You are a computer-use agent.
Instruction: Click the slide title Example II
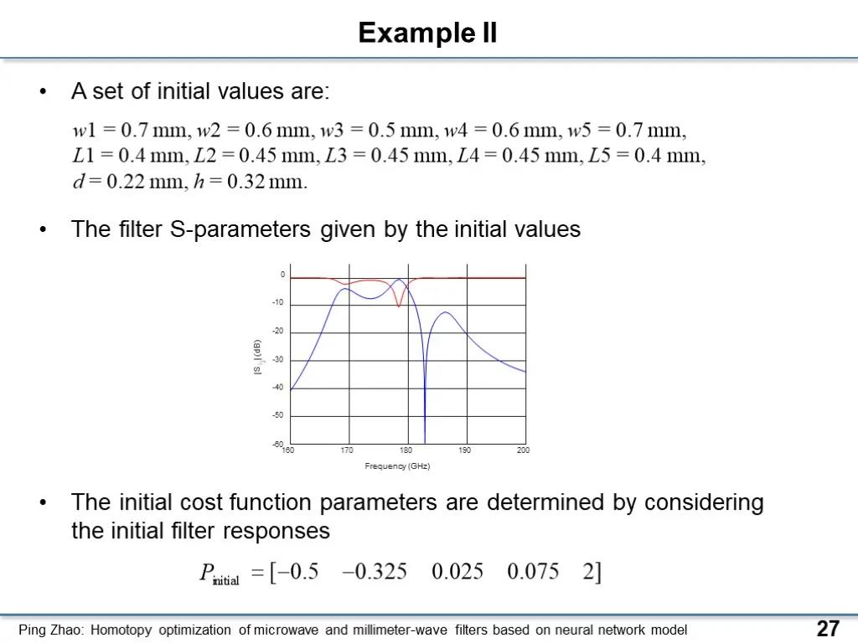428,33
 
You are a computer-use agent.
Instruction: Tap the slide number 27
828,629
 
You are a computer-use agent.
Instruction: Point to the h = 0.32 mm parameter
251,181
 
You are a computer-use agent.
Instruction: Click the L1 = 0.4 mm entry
130,156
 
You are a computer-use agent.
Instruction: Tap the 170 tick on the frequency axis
347,450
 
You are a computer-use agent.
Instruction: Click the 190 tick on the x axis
464,450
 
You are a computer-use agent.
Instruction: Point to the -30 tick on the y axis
278,359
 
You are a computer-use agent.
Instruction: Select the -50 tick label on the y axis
278,415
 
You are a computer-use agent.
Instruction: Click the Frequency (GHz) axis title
397,466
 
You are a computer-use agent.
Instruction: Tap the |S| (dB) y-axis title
257,357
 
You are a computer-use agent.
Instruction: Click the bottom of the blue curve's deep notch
425,442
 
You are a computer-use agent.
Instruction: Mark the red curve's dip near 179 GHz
398,306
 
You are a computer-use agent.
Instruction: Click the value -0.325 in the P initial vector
375,571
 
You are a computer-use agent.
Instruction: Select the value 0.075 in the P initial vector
533,571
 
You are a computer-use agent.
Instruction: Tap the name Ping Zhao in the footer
49,630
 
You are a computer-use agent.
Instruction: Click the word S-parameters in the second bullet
240,229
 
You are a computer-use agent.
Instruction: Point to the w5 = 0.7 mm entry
626,130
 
